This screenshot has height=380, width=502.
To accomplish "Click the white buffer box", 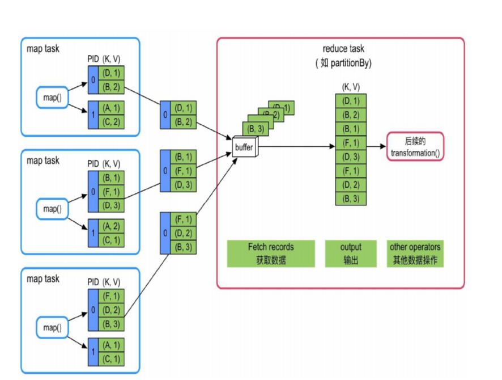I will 244,147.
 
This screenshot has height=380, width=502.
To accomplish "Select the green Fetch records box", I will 271,254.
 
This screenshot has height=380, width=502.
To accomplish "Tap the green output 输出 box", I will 351,254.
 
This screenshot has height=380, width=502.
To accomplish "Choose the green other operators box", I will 415,254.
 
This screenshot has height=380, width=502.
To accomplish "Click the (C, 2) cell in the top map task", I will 111,122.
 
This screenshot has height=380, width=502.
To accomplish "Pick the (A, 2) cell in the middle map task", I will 111,226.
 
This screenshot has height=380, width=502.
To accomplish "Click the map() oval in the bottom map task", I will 52,328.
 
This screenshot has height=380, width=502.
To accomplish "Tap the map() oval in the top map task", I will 52,98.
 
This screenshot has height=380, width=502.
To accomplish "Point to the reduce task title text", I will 343,50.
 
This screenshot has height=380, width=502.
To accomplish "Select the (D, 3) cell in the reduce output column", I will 351,156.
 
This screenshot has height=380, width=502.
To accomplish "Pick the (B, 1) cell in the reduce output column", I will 351,128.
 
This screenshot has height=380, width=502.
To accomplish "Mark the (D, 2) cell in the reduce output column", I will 351,184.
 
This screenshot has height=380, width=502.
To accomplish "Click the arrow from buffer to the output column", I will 295,146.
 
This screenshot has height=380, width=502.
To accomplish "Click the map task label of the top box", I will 42,48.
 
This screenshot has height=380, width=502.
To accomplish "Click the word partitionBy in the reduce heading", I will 351,63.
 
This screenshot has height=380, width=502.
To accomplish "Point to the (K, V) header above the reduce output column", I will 351,87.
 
